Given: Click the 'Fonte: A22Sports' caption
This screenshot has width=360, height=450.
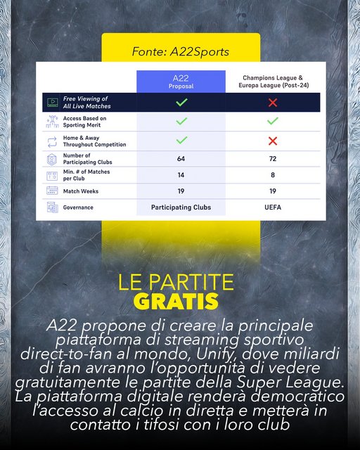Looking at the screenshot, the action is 180,51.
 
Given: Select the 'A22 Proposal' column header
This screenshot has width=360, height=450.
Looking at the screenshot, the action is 181,81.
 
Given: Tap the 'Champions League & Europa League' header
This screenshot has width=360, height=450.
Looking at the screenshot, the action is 273,81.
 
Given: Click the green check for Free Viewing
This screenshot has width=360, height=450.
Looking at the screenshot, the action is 181,103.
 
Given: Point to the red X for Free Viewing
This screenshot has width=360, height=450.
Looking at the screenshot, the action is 273,103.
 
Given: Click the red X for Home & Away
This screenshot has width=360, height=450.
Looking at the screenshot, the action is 273,141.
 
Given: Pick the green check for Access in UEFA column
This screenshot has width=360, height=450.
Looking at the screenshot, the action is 273,122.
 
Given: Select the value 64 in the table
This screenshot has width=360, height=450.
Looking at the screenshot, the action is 181,159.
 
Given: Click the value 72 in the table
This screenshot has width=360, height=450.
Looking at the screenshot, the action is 273,159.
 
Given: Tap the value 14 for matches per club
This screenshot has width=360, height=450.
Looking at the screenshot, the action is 181,174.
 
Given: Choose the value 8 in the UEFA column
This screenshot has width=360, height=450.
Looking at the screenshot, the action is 273,174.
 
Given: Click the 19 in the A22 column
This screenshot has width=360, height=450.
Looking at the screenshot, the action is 181,191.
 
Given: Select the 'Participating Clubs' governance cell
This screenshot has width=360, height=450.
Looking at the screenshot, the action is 181,207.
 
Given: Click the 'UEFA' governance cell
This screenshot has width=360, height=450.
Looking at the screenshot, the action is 273,207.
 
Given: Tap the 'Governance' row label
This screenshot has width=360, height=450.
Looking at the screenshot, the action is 78,207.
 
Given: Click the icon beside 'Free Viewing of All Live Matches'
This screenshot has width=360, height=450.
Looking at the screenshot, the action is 51,103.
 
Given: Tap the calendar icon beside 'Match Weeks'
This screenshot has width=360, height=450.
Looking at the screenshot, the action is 51,191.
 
